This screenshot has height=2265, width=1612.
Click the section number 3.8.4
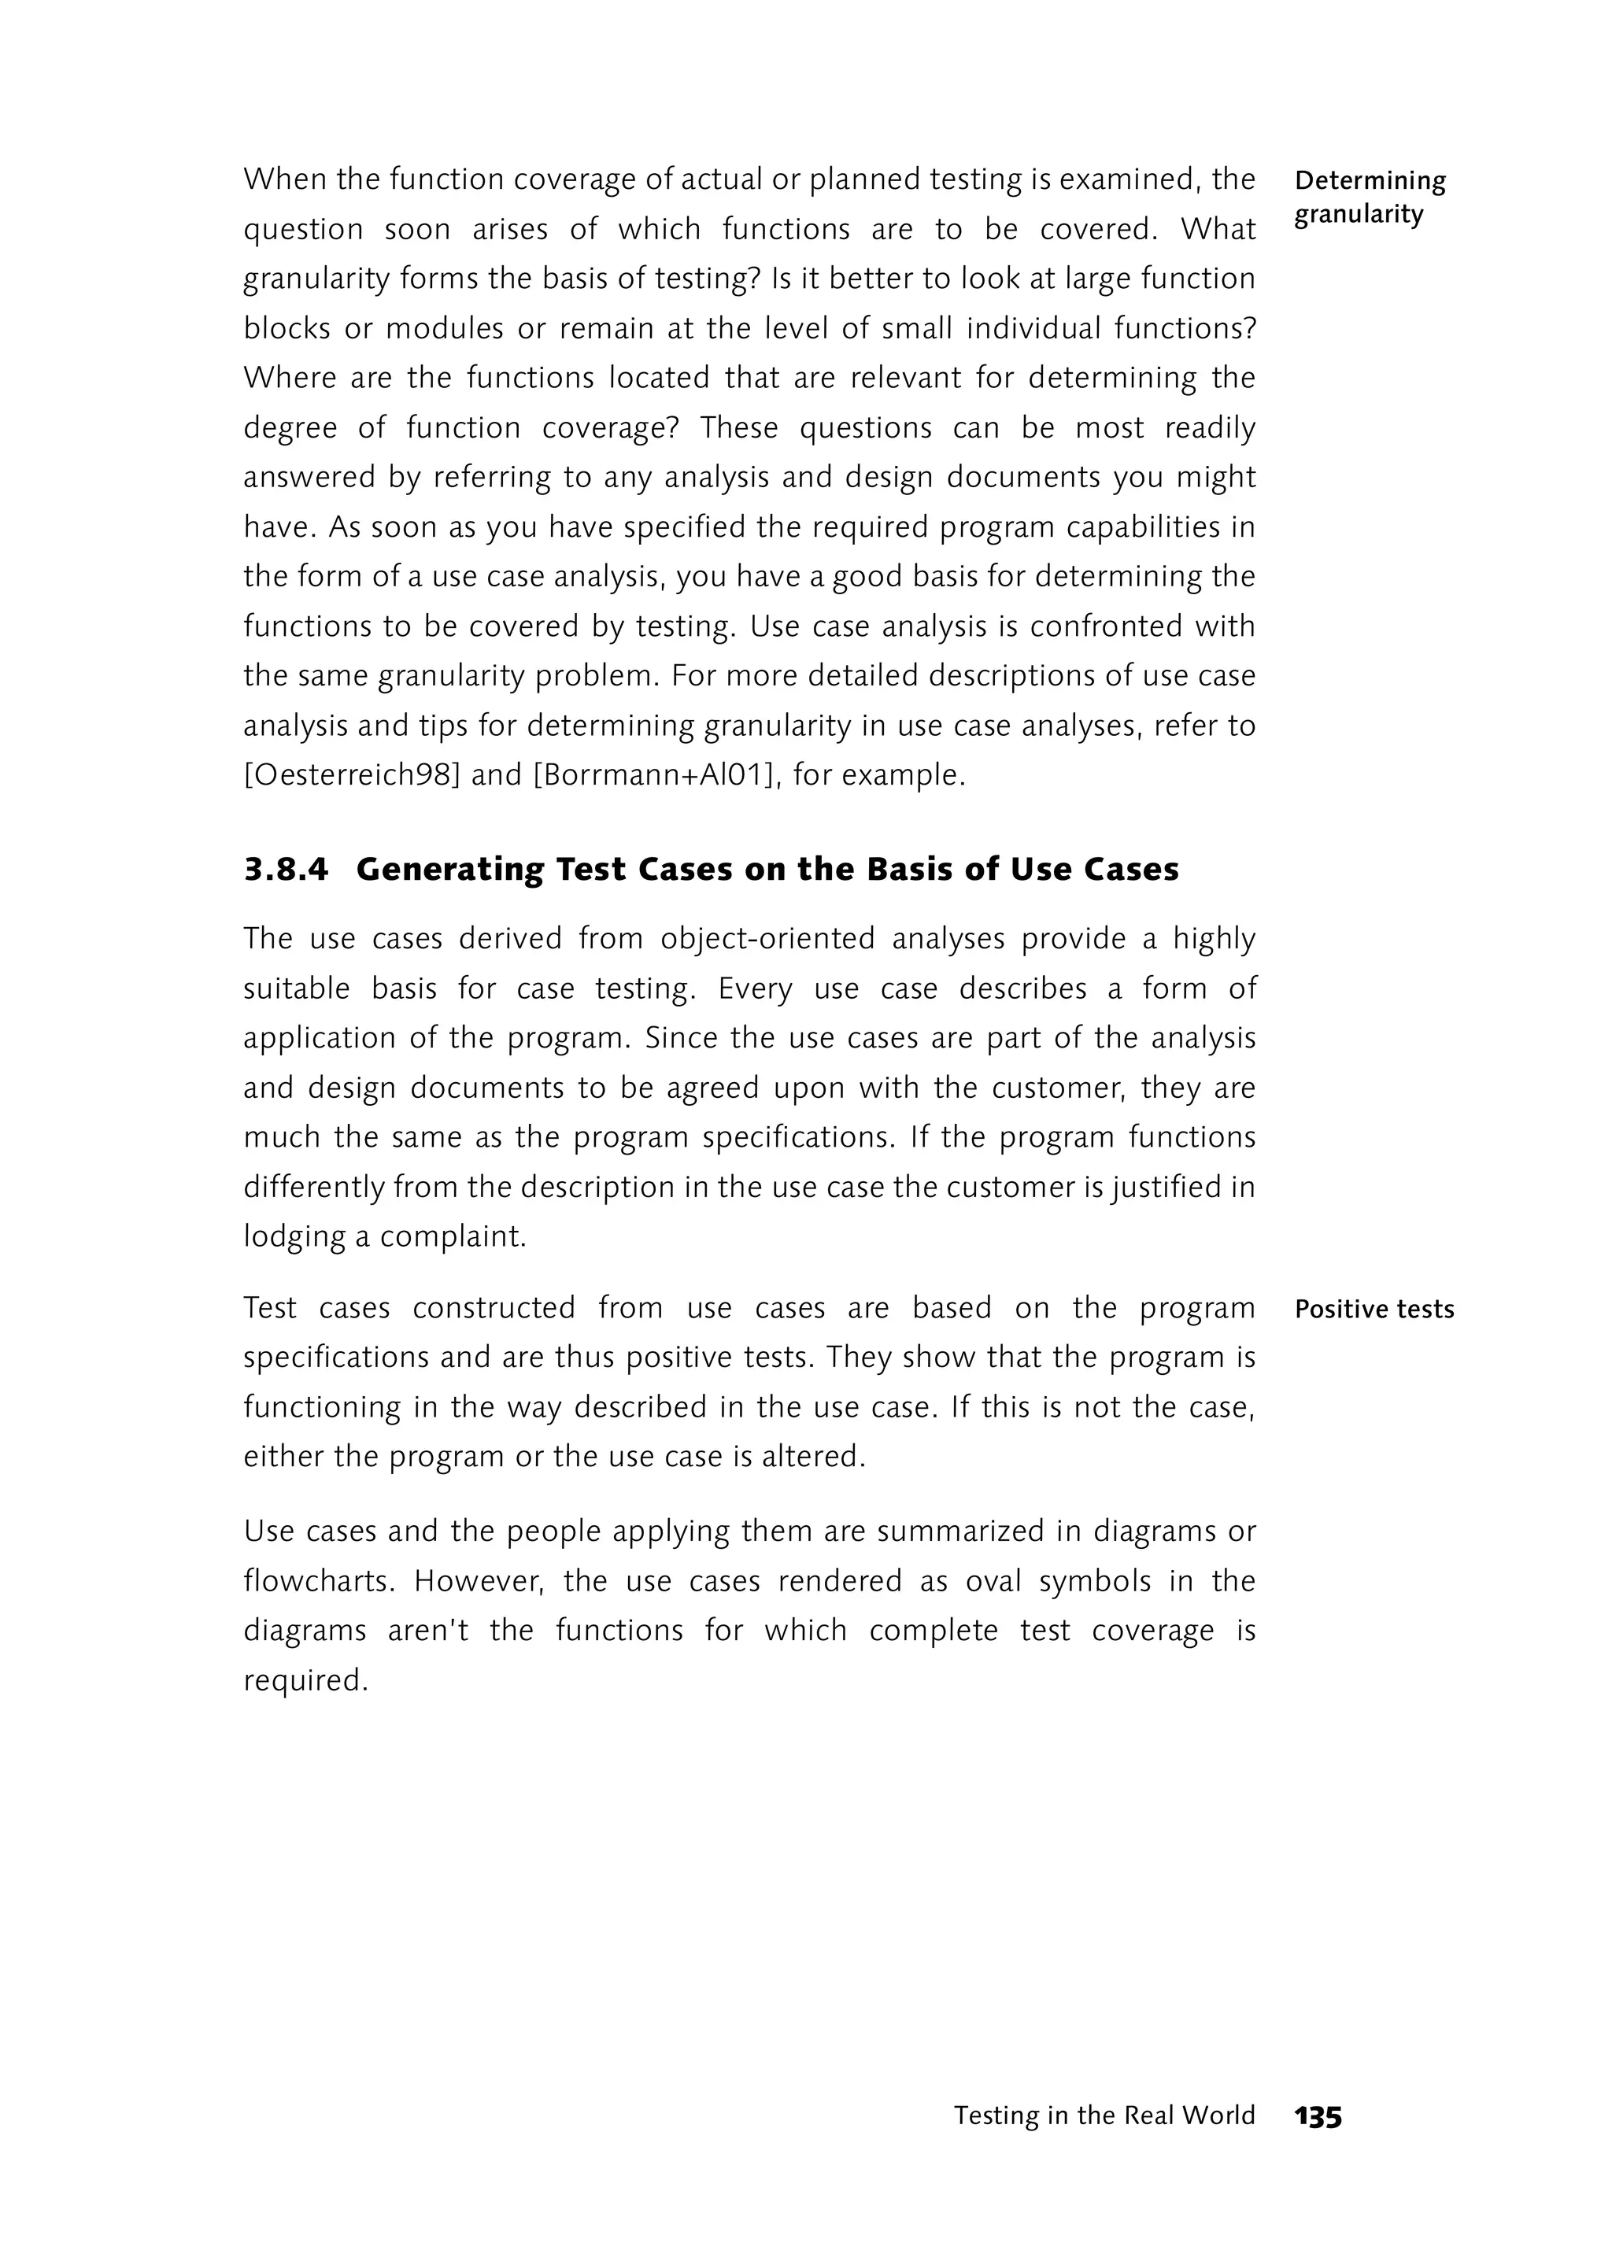click(286, 870)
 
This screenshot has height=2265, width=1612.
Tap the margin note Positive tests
click(1374, 1309)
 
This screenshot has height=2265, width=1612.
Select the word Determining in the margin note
click(1370, 181)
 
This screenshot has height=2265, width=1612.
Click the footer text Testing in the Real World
click(1104, 2116)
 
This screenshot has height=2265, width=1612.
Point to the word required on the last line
click(305, 1680)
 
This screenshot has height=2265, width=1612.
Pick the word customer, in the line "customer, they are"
click(1061, 1088)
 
